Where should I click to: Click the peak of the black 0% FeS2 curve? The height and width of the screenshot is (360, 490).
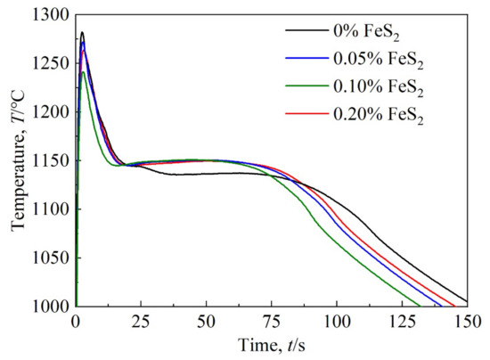click(82, 32)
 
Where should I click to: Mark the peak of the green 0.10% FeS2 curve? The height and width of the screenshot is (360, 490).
click(83, 71)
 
